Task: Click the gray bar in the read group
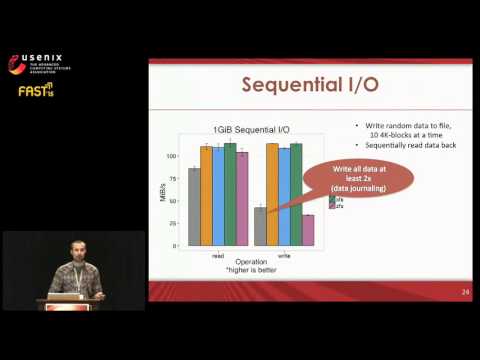click(x=194, y=207)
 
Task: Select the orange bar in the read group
click(x=206, y=196)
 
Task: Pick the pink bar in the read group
click(x=242, y=199)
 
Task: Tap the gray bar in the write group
click(x=260, y=226)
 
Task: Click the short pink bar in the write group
click(x=308, y=230)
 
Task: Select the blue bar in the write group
click(x=284, y=197)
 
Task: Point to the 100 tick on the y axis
click(x=171, y=156)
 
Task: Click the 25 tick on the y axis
click(x=172, y=223)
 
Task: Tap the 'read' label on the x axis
click(x=218, y=255)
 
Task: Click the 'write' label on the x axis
click(x=284, y=255)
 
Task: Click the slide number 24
click(x=465, y=292)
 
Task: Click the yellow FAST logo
click(x=32, y=91)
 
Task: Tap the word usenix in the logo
click(x=45, y=56)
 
